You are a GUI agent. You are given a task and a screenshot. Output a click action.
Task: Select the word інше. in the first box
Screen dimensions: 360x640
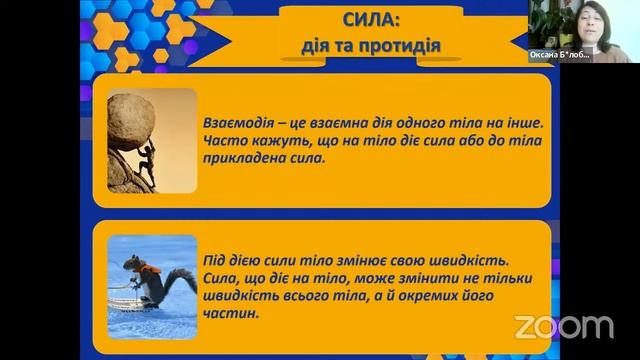(x=522, y=122)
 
